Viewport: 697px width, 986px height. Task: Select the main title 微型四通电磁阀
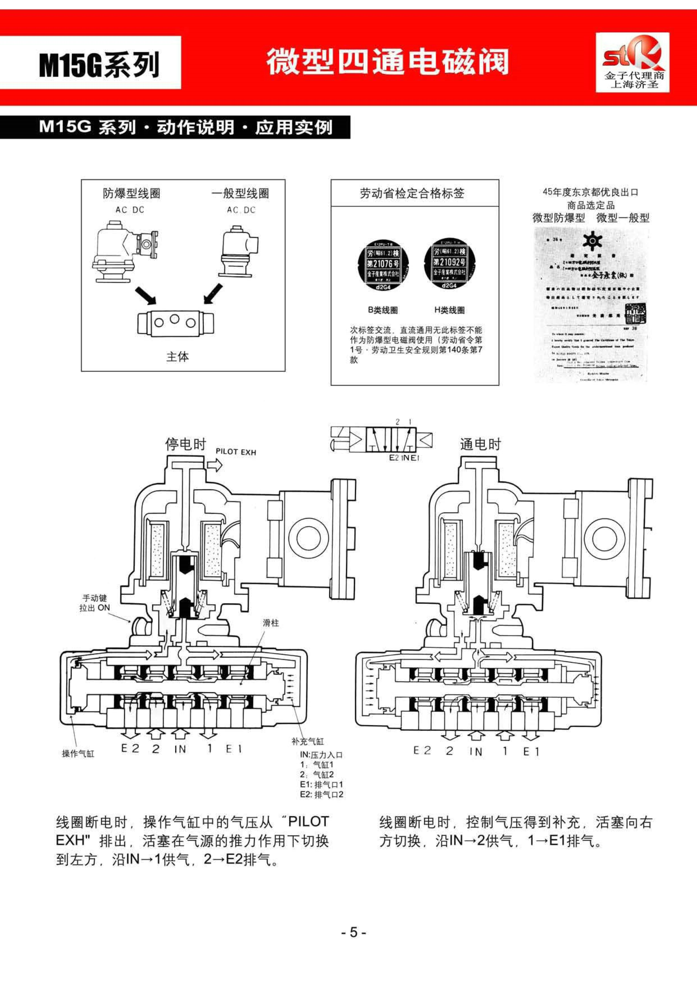[x=387, y=62]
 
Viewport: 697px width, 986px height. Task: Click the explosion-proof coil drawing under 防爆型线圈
[x=125, y=251]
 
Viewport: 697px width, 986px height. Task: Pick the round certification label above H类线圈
[x=449, y=263]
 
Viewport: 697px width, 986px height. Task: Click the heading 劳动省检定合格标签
[x=412, y=194]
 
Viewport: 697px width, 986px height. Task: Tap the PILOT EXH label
[x=236, y=452]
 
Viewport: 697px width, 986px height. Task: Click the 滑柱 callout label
[x=271, y=623]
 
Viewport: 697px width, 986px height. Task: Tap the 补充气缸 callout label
[x=308, y=741]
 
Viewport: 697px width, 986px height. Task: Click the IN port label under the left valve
[x=180, y=749]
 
